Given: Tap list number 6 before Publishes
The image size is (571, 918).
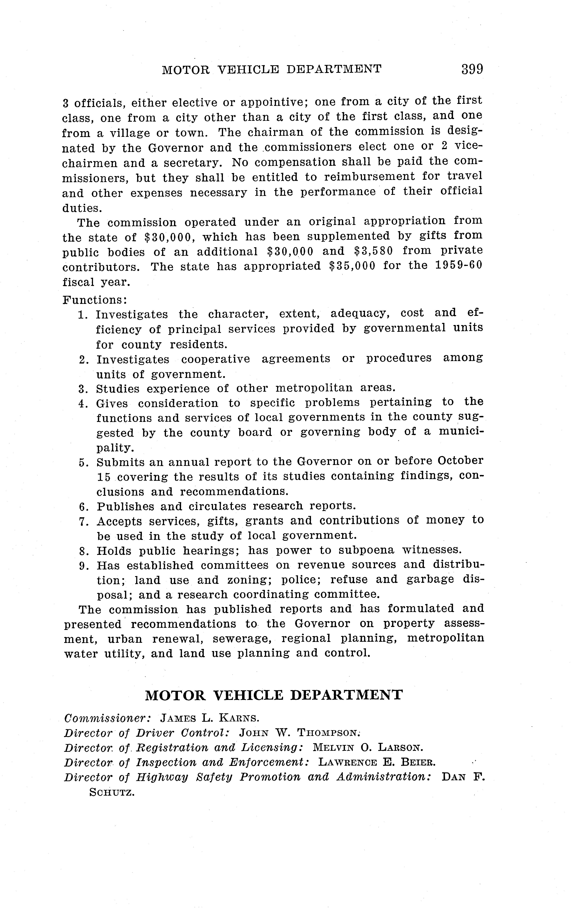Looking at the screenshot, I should coord(83,507).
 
